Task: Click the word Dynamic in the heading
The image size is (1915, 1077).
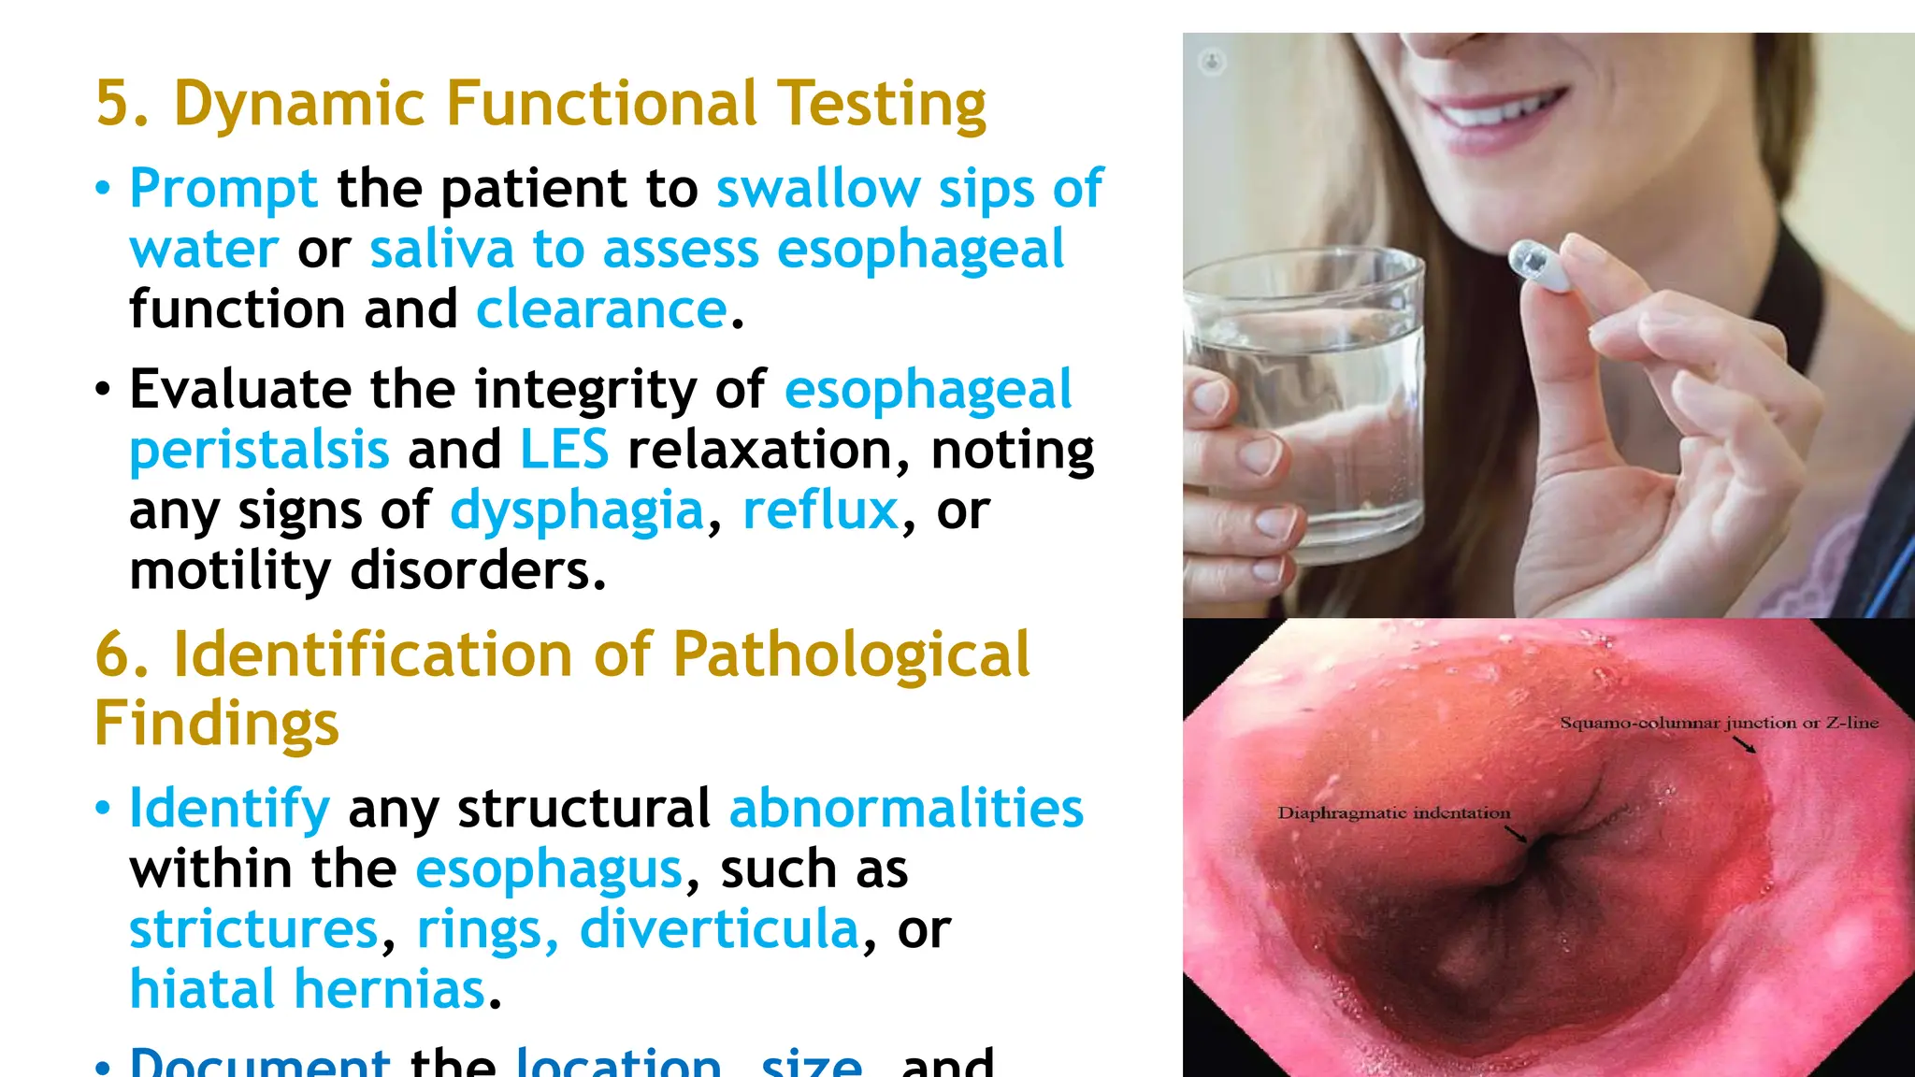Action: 299,103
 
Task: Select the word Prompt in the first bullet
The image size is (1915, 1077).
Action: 223,188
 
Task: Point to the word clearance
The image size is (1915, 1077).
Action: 601,309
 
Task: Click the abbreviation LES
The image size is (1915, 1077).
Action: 564,450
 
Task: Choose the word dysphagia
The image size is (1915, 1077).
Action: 577,510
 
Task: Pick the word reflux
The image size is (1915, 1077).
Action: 820,510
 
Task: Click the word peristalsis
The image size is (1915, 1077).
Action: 259,450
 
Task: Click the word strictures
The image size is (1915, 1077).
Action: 253,929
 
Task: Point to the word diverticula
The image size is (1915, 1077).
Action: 719,929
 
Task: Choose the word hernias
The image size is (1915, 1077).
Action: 391,989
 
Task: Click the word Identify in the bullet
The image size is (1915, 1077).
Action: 229,808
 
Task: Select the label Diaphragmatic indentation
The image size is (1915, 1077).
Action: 1393,813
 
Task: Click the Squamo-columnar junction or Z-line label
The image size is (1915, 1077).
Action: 1719,723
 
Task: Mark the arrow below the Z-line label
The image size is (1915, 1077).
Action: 1744,744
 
